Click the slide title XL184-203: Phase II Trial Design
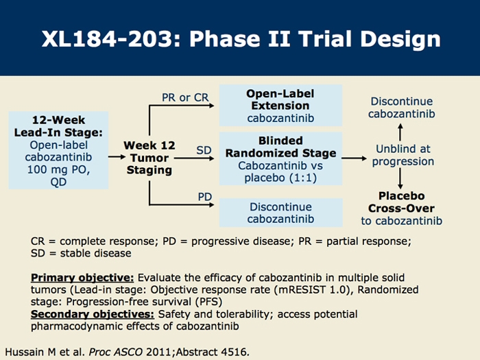(x=241, y=39)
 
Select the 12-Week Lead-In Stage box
(x=58, y=150)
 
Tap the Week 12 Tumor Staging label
(x=149, y=158)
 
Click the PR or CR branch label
(x=185, y=97)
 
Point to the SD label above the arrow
(x=204, y=150)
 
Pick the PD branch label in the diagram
(x=205, y=197)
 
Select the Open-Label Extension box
(x=280, y=106)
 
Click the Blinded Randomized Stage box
(x=280, y=158)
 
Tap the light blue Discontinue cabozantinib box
(x=280, y=213)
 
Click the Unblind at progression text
(x=403, y=155)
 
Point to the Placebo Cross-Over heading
(x=401, y=202)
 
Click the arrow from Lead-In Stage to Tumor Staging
(x=117, y=157)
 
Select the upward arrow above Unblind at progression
(x=400, y=132)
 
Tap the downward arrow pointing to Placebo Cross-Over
(x=400, y=178)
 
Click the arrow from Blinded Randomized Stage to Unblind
(x=355, y=158)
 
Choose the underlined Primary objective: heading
(x=82, y=277)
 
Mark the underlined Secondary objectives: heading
(x=93, y=314)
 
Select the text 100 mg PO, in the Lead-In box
(x=58, y=169)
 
